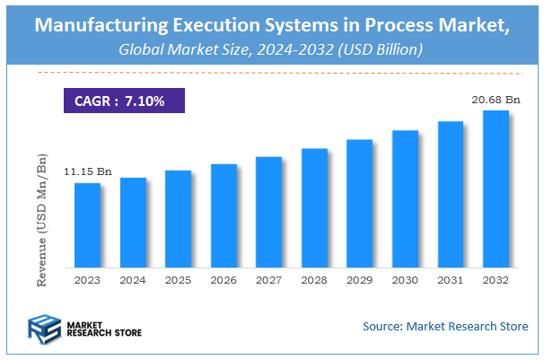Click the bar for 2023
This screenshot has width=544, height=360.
[87, 224]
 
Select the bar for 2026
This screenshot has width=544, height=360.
[224, 215]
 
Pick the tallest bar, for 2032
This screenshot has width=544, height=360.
[496, 189]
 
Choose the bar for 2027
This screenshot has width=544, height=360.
[269, 212]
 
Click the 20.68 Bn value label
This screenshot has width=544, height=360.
[496, 99]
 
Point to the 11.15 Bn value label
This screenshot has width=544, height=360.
[87, 171]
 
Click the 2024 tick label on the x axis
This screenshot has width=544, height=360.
[133, 279]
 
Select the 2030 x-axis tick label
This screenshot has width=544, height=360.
[406, 279]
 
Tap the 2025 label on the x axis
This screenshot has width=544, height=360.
[179, 279]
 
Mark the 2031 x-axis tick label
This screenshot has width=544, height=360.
[451, 279]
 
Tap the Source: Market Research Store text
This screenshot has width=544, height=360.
[445, 325]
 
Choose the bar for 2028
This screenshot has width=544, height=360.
[314, 207]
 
